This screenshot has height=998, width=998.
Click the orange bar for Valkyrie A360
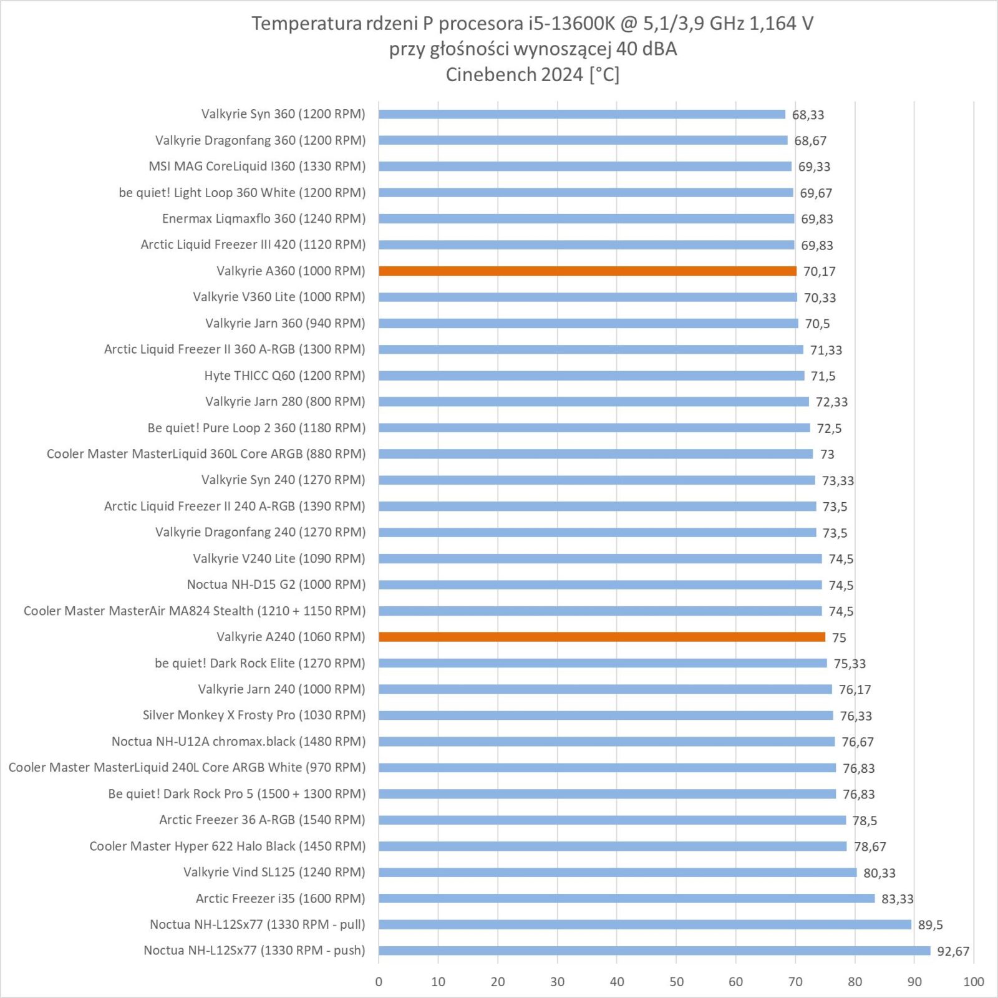[587, 271]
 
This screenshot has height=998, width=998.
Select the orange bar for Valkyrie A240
[601, 637]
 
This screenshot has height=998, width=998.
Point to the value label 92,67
[953, 951]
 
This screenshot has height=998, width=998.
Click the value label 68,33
[808, 115]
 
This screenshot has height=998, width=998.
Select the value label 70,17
[819, 271]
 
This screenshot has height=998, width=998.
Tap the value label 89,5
[930, 925]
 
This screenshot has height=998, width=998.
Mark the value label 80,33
[879, 873]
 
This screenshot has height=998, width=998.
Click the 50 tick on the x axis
[676, 982]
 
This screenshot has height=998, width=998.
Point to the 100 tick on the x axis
[973, 982]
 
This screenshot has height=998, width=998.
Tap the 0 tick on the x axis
[379, 982]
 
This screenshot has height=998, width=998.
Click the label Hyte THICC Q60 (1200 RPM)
[284, 375]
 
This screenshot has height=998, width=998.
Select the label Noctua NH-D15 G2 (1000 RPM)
[276, 584]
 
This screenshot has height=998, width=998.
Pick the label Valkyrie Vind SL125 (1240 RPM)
[274, 872]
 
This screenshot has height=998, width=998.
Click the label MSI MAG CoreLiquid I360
[257, 167]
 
